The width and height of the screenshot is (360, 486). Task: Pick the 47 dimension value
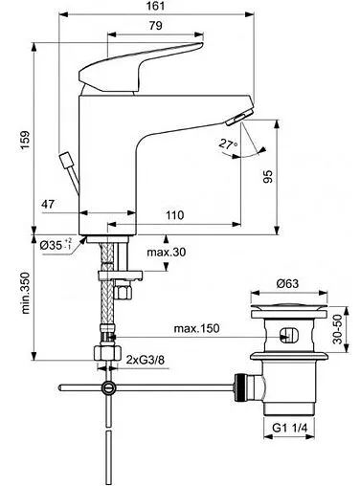coord(53,204)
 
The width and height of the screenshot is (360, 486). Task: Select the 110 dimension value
coord(173,217)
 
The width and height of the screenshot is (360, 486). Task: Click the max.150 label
coord(197,329)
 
